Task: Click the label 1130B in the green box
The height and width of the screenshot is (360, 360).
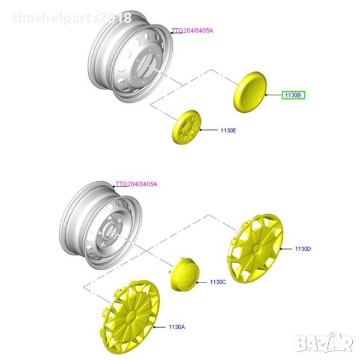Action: pos(293,95)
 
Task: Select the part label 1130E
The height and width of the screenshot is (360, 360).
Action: pos(228,130)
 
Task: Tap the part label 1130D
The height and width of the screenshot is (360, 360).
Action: pos(303,248)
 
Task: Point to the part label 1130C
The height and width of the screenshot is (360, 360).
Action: pos(218,282)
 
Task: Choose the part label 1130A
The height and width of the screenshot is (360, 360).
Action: pos(177,327)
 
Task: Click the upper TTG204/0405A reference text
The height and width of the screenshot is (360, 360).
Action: pos(193,31)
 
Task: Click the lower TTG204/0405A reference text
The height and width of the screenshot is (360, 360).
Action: pos(136,184)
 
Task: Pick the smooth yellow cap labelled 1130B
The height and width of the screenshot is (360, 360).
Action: pos(250,92)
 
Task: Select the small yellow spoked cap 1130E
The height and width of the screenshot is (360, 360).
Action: pos(187,127)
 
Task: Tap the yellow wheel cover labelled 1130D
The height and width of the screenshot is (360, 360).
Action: pos(255,248)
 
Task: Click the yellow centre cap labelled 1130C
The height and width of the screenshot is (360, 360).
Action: pos(185,274)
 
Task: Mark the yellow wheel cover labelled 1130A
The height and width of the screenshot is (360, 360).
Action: pos(130,317)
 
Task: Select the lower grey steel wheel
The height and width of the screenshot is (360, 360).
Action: pos(101,225)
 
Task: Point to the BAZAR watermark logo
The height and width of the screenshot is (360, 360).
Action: pos(323,343)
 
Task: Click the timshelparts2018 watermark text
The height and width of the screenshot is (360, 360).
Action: pos(71,18)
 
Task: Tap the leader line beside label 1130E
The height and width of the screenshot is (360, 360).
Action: pos(209,130)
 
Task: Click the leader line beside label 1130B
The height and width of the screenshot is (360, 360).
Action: pos(274,95)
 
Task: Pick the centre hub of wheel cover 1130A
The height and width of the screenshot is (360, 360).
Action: pos(131,316)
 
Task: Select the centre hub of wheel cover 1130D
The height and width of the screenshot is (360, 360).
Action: pos(256,248)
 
